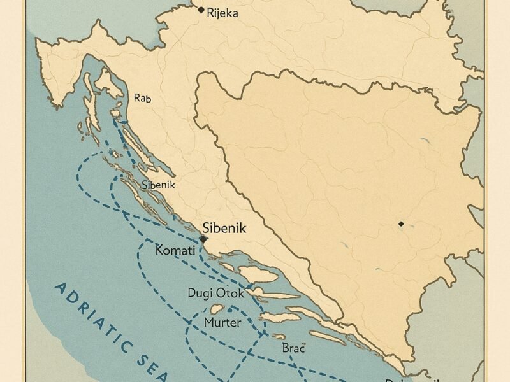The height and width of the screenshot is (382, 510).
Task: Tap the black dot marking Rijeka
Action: (x=201, y=10)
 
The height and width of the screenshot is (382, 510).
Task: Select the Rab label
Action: (x=142, y=98)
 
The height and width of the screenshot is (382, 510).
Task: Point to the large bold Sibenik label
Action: (x=224, y=227)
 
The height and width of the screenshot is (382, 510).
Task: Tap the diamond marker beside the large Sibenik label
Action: (x=203, y=239)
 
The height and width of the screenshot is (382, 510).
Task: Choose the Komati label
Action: (x=175, y=251)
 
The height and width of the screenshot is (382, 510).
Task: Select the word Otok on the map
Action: (x=230, y=294)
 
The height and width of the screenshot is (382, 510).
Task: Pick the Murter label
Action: (x=222, y=322)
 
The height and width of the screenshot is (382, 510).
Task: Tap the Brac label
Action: (x=293, y=348)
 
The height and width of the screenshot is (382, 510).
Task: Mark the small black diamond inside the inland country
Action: (x=400, y=224)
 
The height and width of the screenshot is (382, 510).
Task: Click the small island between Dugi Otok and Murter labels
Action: (x=217, y=308)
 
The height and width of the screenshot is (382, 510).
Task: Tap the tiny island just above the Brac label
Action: (x=279, y=337)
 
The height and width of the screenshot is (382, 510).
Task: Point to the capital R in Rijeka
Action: (x=211, y=12)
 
